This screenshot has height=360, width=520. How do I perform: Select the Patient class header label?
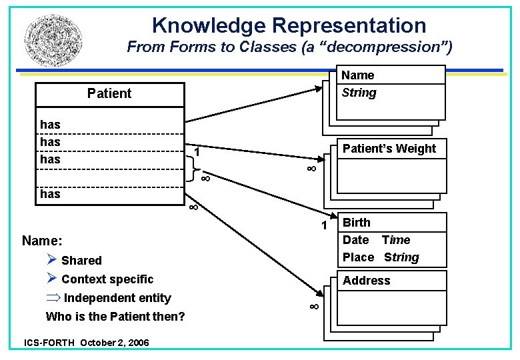click(x=109, y=93)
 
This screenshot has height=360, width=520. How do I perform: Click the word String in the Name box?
click(x=359, y=93)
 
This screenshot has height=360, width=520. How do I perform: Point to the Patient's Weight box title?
click(x=389, y=149)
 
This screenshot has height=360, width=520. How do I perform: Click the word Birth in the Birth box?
click(x=356, y=223)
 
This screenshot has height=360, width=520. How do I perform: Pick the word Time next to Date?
click(x=396, y=240)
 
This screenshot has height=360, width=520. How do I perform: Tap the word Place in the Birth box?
click(x=358, y=257)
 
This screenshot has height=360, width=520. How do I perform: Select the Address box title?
click(x=366, y=281)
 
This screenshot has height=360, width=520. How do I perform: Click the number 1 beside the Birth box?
click(x=324, y=226)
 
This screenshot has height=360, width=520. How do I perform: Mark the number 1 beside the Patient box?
click(x=197, y=154)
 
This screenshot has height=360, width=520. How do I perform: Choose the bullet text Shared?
click(x=81, y=261)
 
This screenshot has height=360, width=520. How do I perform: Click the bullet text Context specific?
click(x=107, y=279)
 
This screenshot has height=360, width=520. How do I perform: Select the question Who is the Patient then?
click(x=115, y=316)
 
